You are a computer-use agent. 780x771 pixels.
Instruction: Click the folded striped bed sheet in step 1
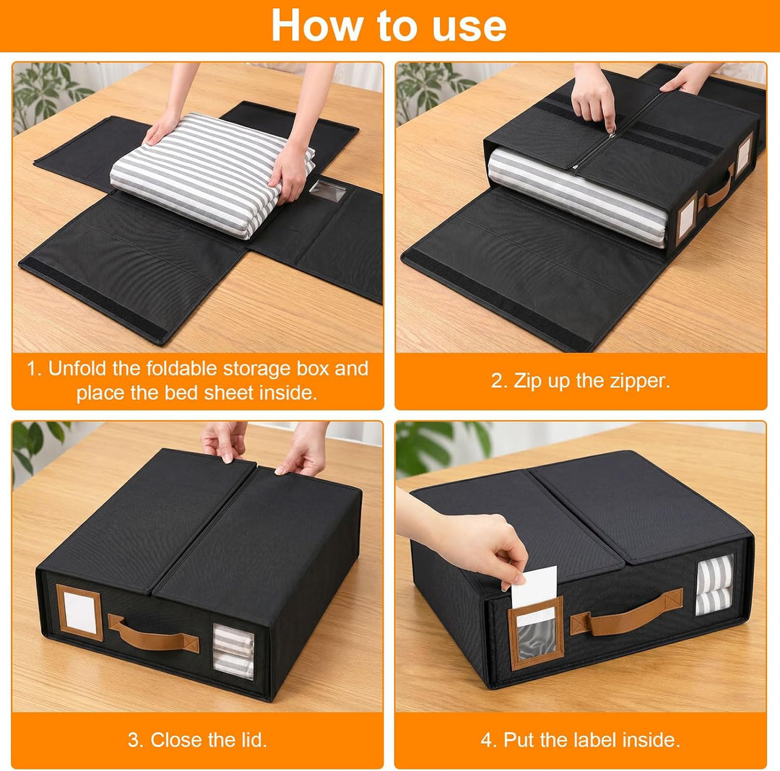212,174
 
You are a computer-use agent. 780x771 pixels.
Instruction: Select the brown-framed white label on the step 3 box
79,611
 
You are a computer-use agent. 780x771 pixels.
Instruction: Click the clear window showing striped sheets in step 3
233,651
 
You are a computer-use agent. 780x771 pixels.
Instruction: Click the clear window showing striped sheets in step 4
715,585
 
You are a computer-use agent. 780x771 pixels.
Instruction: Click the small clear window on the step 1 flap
327,191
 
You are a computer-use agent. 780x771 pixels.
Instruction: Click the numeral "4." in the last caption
489,740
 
